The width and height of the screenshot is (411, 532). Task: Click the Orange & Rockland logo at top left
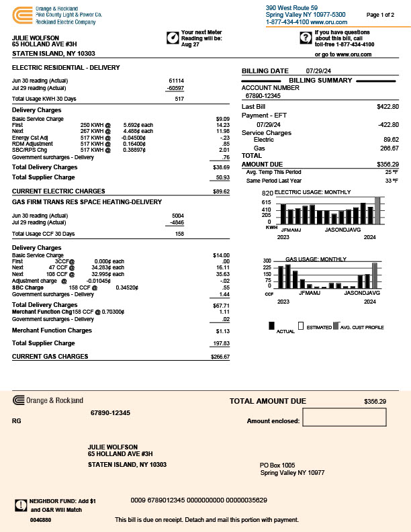coord(21,13)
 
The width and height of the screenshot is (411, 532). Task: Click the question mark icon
coord(306,37)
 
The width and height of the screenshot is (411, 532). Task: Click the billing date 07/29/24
coord(319,71)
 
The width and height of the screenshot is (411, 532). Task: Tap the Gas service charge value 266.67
coord(390,148)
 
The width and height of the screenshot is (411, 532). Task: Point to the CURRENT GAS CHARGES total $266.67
coord(220,357)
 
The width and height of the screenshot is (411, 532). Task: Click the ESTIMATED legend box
coord(302,326)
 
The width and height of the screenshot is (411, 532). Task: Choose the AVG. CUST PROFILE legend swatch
coord(336,326)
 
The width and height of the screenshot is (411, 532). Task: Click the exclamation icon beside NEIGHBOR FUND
coord(19,504)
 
